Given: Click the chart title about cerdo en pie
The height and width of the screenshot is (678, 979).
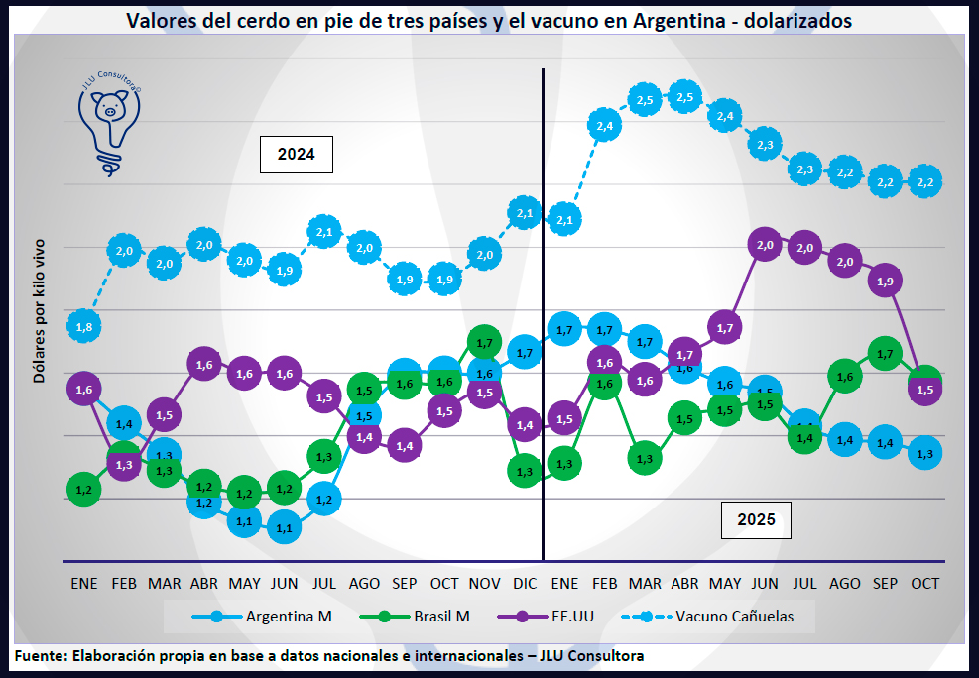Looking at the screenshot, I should tap(489, 20).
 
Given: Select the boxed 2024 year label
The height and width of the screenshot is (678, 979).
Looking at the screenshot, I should tap(296, 155).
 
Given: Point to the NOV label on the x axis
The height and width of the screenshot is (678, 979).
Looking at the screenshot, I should tap(484, 584).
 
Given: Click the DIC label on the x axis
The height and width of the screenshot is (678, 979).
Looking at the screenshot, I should tap(525, 584).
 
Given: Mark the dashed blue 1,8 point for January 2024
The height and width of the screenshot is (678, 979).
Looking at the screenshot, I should tap(84, 326).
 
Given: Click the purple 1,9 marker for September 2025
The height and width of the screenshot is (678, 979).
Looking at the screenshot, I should tap(885, 282).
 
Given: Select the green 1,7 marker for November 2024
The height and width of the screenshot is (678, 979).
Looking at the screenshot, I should tap(484, 343).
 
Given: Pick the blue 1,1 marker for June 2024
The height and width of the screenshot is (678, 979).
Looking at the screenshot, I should tap(285, 528).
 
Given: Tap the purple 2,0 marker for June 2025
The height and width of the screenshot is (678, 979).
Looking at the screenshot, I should tap(765, 245).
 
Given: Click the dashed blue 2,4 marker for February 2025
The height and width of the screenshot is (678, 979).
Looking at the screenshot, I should tap(605, 125).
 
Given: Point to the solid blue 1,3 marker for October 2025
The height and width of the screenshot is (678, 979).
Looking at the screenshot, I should tap(924, 453).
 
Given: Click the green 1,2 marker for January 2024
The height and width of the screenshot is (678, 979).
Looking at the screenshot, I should tap(84, 489).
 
